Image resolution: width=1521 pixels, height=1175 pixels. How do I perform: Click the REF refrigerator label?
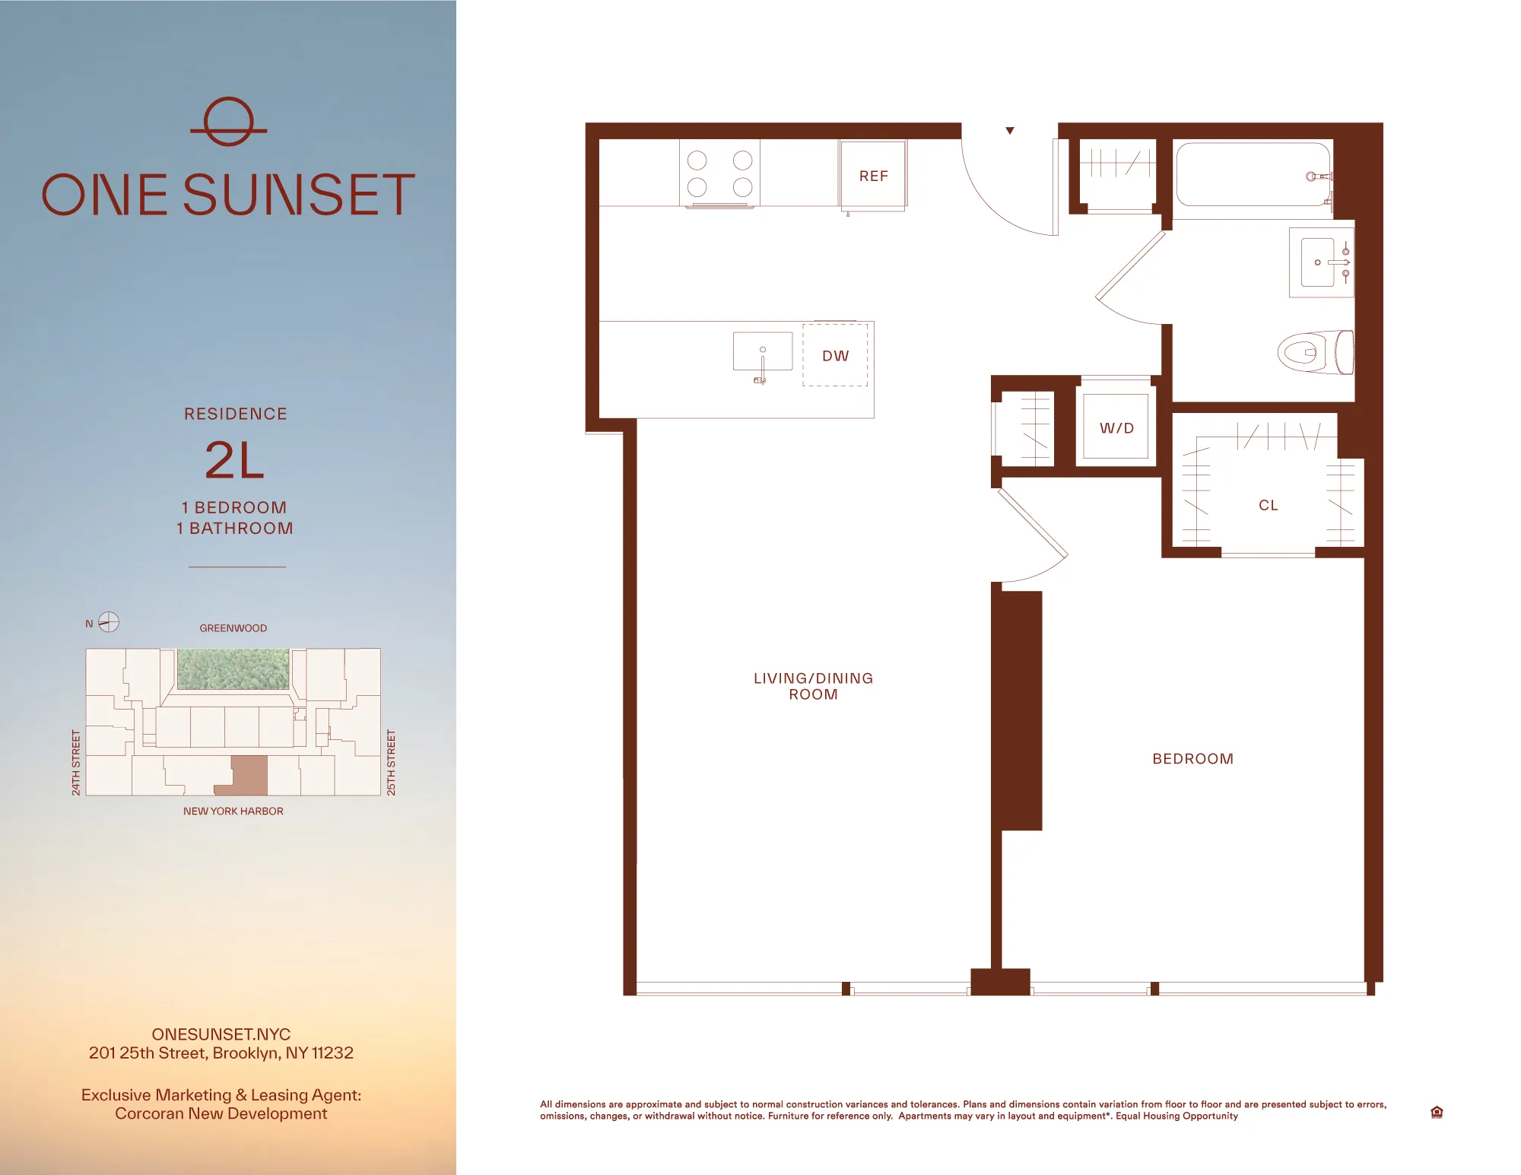(x=873, y=176)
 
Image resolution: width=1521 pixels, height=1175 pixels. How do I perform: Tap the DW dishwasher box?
(x=835, y=355)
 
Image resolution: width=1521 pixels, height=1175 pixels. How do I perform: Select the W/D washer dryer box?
(x=1116, y=427)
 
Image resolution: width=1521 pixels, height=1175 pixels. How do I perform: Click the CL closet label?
(x=1268, y=505)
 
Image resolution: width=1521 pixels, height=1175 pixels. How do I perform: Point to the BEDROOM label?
(x=1192, y=758)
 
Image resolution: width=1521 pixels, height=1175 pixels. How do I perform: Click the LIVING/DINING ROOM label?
(x=813, y=686)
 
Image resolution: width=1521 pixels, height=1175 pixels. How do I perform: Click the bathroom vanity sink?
(x=1319, y=262)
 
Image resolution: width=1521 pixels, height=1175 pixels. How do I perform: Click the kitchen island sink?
(x=762, y=351)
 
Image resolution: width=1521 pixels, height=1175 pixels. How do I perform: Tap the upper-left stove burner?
(x=697, y=160)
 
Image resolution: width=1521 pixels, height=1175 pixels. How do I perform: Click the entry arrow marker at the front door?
(x=1010, y=131)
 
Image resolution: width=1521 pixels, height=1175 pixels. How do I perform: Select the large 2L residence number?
(x=234, y=461)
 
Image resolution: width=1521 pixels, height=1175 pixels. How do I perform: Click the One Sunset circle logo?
(x=228, y=122)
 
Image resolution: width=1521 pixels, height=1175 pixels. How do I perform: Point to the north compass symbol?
(x=109, y=622)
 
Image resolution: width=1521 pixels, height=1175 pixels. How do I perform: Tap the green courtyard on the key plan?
(x=233, y=668)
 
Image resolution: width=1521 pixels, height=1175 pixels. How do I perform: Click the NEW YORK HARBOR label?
(x=233, y=811)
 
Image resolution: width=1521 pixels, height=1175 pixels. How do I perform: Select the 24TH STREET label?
(x=76, y=763)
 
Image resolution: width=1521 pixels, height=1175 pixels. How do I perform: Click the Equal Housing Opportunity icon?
(x=1436, y=1112)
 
